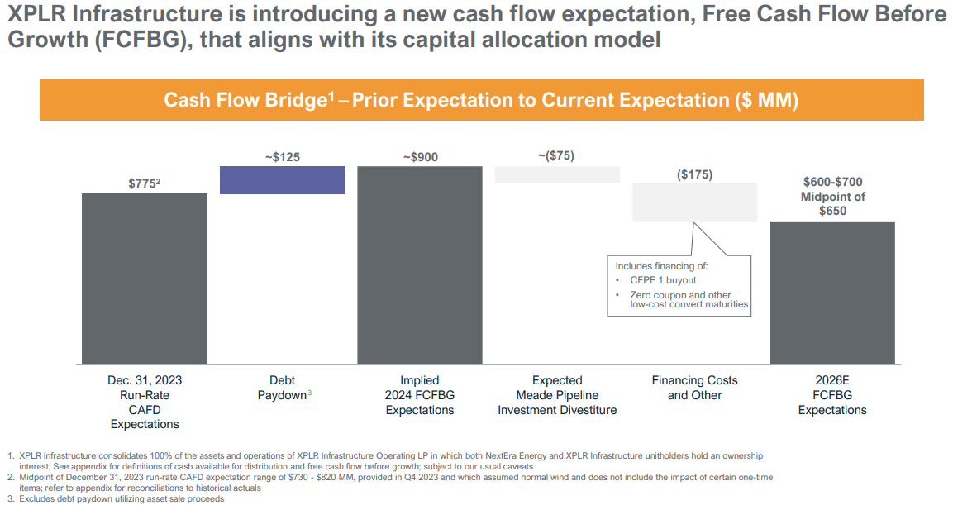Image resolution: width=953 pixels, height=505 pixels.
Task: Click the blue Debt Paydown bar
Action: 282,180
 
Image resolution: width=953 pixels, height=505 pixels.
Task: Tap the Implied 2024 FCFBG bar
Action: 419,264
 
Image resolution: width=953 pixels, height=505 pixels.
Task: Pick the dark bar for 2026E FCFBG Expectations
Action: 832,293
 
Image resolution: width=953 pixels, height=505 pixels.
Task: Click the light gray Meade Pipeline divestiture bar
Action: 557,174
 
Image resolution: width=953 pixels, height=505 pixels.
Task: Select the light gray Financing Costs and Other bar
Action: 694,202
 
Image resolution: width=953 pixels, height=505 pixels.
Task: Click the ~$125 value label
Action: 282,157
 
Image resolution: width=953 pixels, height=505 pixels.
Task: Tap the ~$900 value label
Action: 419,157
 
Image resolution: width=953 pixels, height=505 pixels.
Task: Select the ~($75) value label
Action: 556,155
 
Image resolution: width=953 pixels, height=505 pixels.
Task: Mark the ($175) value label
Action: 694,174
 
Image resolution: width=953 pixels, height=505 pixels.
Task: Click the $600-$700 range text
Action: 832,183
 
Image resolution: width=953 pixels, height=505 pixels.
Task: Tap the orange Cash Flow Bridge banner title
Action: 481,100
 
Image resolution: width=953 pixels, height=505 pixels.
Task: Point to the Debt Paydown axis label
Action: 282,388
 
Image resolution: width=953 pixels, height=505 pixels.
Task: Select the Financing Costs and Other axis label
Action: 694,388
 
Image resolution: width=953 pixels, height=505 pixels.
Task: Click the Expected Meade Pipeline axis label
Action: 556,395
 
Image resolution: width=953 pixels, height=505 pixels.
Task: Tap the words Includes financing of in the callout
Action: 661,266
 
